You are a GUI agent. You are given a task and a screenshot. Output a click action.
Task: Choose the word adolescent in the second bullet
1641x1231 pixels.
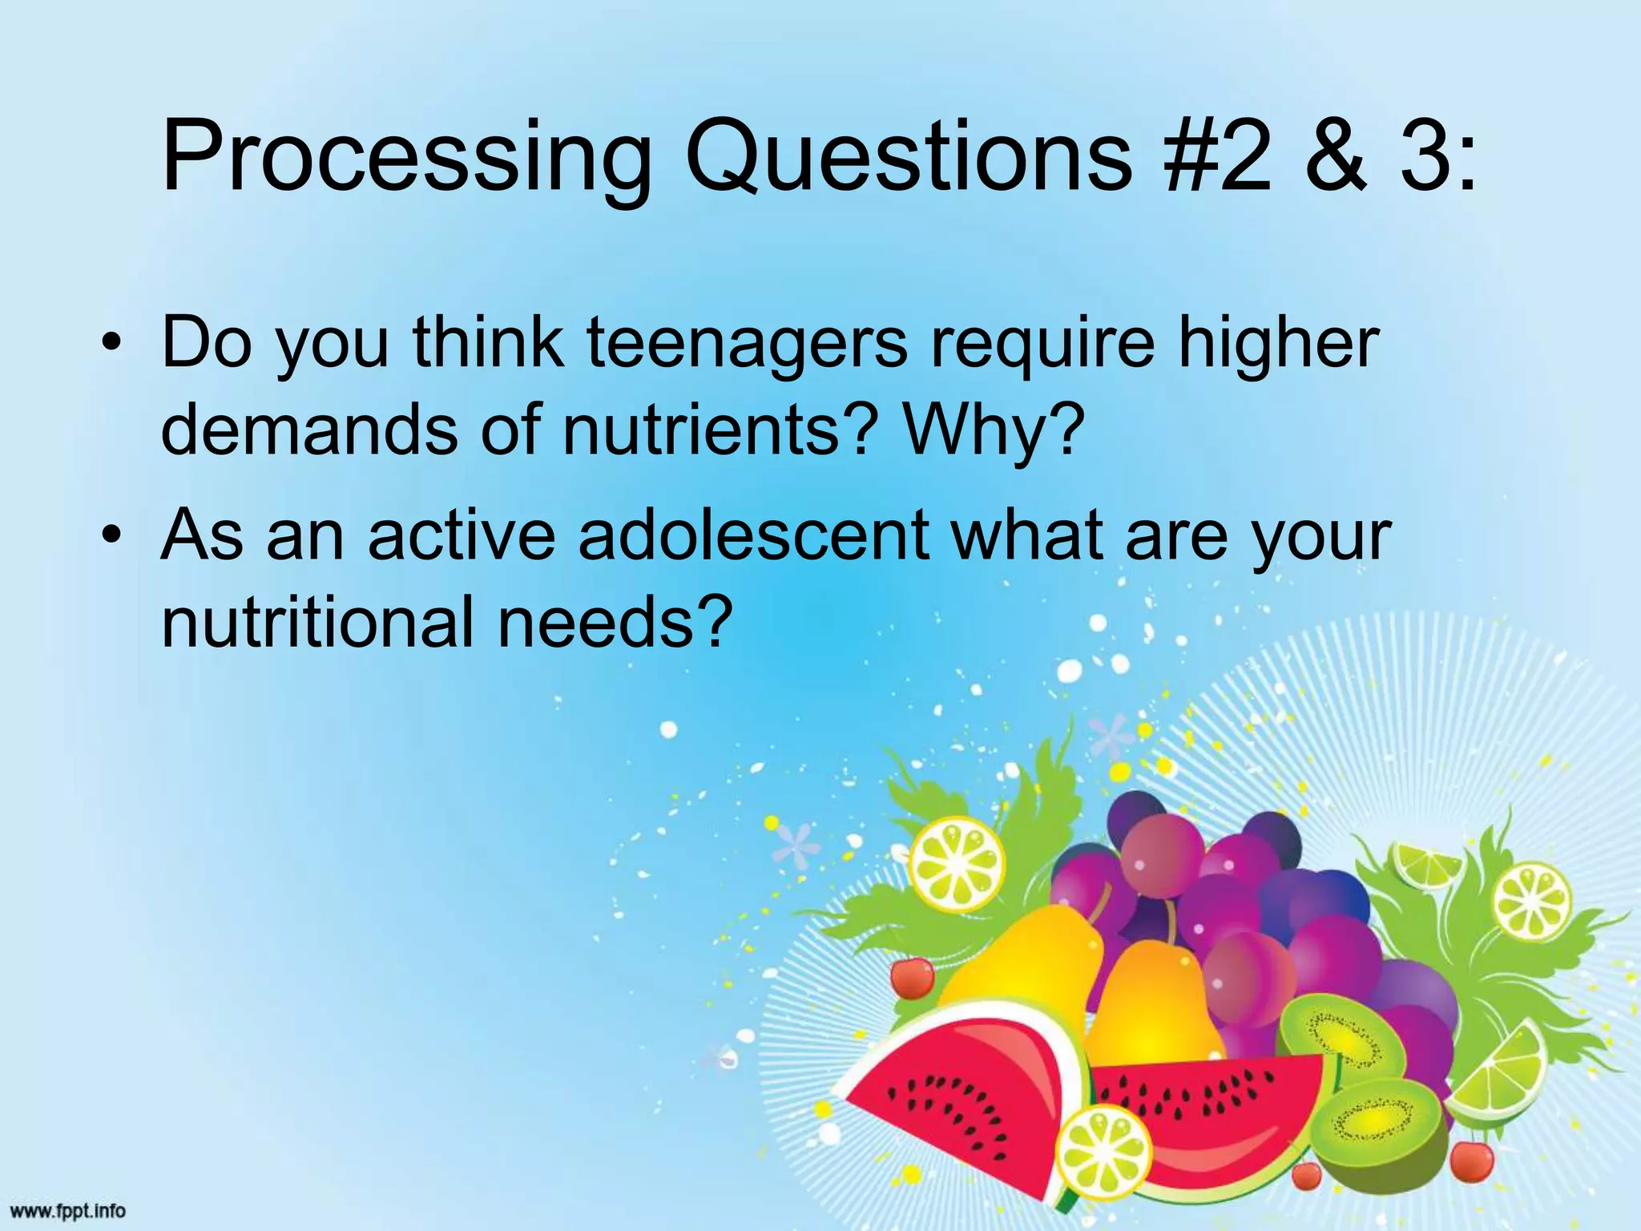click(x=753, y=535)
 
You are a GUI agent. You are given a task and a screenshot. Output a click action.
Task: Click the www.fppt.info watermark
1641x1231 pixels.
click(x=69, y=1211)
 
